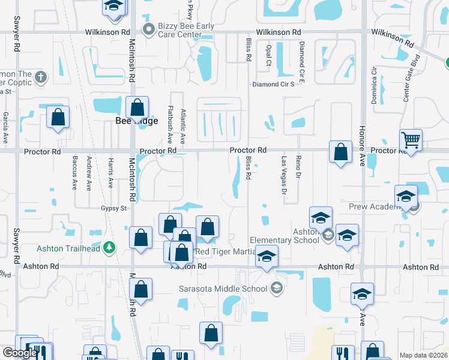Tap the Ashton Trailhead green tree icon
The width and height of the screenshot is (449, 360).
(x=109, y=247)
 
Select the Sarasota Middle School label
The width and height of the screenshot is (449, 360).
(x=223, y=289)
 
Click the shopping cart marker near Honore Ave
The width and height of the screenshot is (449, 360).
(x=411, y=141)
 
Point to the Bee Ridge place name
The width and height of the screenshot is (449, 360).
(x=137, y=121)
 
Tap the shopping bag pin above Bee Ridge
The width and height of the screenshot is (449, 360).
(x=137, y=109)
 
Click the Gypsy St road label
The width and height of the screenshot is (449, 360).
(x=113, y=208)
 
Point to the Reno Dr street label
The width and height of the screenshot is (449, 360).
(x=298, y=167)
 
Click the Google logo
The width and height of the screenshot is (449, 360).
(x=20, y=353)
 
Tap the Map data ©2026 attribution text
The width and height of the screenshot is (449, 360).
(x=423, y=355)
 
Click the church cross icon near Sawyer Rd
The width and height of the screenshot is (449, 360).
(x=40, y=77)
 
